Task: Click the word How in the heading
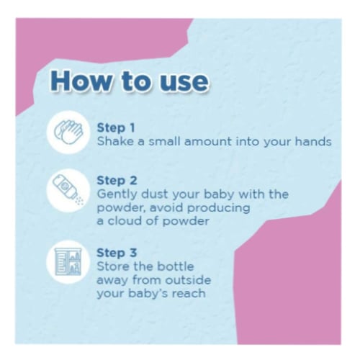pyautogui.click(x=81, y=81)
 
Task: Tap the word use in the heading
pyautogui.click(x=184, y=84)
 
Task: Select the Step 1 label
pyautogui.click(x=116, y=128)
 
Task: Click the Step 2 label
pyautogui.click(x=117, y=181)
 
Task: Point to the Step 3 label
pyautogui.click(x=117, y=253)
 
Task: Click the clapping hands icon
pyautogui.click(x=68, y=132)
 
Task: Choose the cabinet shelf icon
pyautogui.click(x=68, y=262)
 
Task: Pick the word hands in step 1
pyautogui.click(x=313, y=141)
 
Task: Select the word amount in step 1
pyautogui.click(x=208, y=141)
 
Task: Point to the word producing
pyautogui.click(x=219, y=208)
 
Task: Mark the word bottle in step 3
pyautogui.click(x=176, y=266)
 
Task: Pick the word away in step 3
pyautogui.click(x=112, y=281)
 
